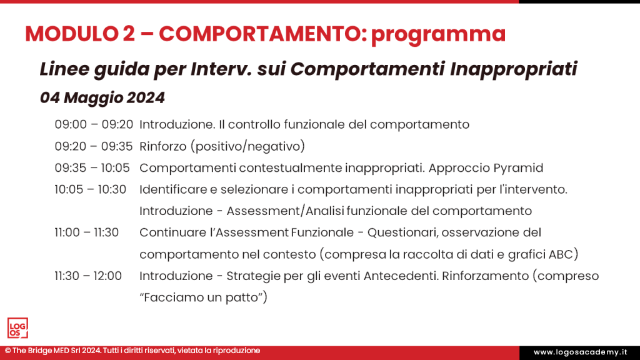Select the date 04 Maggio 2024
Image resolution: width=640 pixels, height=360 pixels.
(x=102, y=98)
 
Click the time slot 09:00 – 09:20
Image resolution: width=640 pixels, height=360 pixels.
(x=94, y=124)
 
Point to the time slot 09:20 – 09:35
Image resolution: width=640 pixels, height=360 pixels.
(x=94, y=146)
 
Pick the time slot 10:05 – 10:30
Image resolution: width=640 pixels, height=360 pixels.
(x=91, y=189)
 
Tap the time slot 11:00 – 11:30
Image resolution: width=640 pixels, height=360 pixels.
(x=86, y=232)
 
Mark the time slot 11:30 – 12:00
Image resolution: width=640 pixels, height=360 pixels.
(x=88, y=276)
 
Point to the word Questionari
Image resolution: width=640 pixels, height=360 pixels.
(x=399, y=232)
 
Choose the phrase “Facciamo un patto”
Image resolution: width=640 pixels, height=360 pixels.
(x=203, y=297)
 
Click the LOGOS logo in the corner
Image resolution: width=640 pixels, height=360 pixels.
(x=17, y=328)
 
